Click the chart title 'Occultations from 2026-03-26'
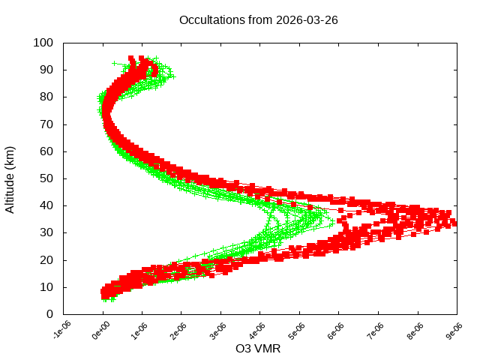coord(259,20)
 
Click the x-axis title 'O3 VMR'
coord(258,349)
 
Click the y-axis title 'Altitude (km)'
coord(10,178)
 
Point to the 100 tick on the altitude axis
coord(43,43)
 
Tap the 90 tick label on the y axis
coord(46,70)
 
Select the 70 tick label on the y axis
coord(46,124)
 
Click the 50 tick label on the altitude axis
coord(46,178)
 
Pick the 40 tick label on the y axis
coord(46,205)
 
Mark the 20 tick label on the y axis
coord(46,259)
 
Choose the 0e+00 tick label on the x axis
coord(100,329)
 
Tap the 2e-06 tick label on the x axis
coord(178,329)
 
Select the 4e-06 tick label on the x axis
coord(257,329)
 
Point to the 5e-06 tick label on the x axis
coord(296,329)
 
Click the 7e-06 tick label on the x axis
coord(375,329)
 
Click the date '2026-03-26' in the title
coord(307,20)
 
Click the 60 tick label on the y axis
coord(46,151)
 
